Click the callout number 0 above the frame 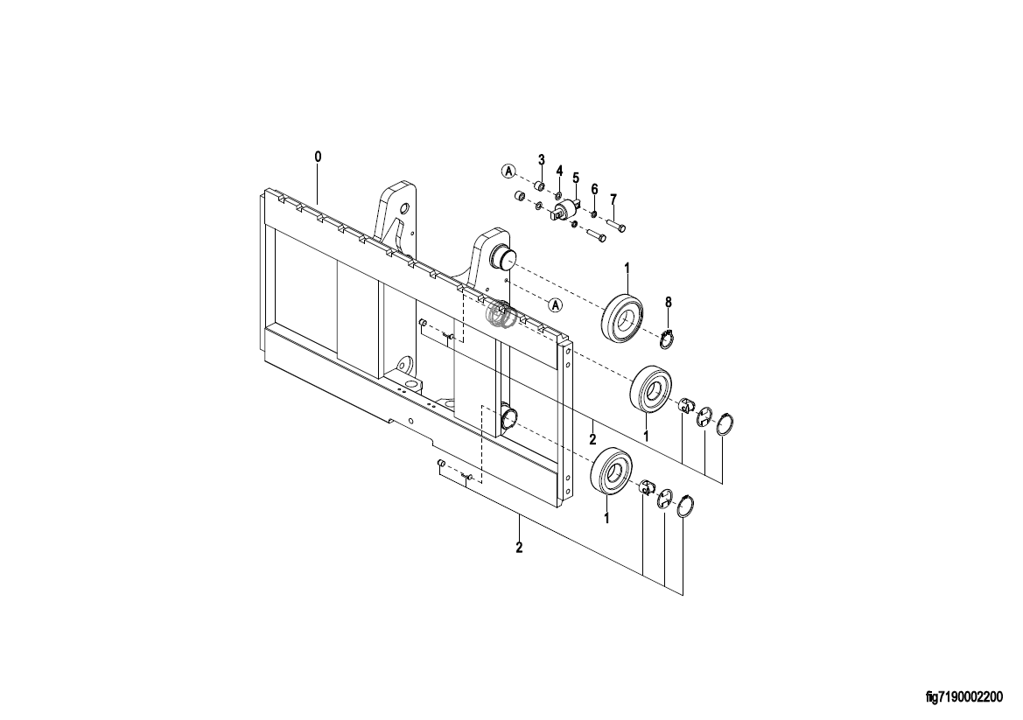[318, 157]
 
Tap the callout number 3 [541, 159]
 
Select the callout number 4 [559, 171]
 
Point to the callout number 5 [576, 178]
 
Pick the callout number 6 [594, 188]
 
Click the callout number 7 [613, 199]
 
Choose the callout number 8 [668, 302]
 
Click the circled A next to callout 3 [509, 171]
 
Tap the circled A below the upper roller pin [555, 304]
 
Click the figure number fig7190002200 [964, 698]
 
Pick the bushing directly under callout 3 [540, 186]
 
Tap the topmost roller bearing [623, 317]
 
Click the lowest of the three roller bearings [612, 470]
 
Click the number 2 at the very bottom [519, 547]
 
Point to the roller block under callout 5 [566, 210]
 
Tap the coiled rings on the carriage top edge [502, 314]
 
